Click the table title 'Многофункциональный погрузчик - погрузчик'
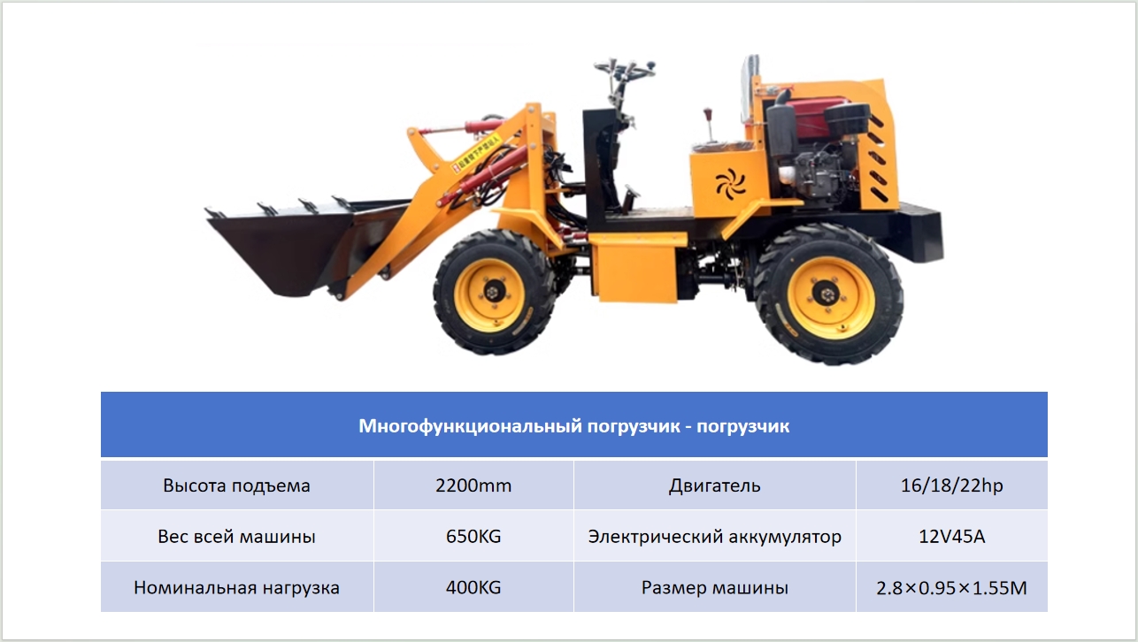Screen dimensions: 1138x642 click(x=574, y=426)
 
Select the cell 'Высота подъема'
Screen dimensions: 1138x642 click(x=237, y=485)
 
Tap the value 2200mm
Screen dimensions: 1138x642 click(x=473, y=485)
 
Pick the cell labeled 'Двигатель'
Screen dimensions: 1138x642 click(x=715, y=485)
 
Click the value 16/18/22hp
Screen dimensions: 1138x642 click(x=952, y=485)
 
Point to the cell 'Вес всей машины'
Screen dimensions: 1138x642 click(x=237, y=537)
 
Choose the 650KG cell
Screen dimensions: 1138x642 click(x=473, y=537)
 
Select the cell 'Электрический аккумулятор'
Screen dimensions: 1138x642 click(x=715, y=537)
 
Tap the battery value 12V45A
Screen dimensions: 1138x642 click(x=952, y=537)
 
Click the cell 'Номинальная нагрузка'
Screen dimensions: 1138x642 click(x=237, y=588)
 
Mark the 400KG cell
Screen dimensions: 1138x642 click(x=473, y=588)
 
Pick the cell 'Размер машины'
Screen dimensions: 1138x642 click(x=715, y=588)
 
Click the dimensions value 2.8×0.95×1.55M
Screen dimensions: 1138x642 click(x=952, y=588)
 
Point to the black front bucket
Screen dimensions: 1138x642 click(x=300, y=243)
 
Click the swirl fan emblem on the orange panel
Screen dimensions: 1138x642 click(x=731, y=183)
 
